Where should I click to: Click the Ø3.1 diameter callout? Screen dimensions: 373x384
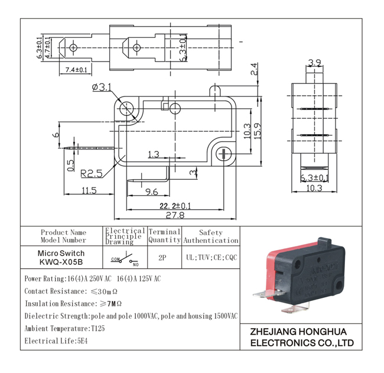tap(102, 87)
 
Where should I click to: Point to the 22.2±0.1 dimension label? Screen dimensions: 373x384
tap(175, 205)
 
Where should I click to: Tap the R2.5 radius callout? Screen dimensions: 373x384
tap(92, 173)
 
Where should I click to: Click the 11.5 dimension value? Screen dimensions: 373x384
tap(89, 190)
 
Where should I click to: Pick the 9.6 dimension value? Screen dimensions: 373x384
tap(151, 191)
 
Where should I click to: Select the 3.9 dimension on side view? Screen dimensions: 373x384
tap(315, 62)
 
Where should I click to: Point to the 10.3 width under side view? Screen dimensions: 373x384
tap(314, 188)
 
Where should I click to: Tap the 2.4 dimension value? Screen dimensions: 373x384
tap(254, 69)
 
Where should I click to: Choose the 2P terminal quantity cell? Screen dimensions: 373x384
tap(163, 258)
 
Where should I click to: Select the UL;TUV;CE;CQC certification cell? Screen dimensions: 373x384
tap(211, 258)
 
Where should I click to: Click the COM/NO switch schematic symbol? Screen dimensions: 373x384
tap(124, 258)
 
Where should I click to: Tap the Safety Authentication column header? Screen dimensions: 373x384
tap(211, 236)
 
